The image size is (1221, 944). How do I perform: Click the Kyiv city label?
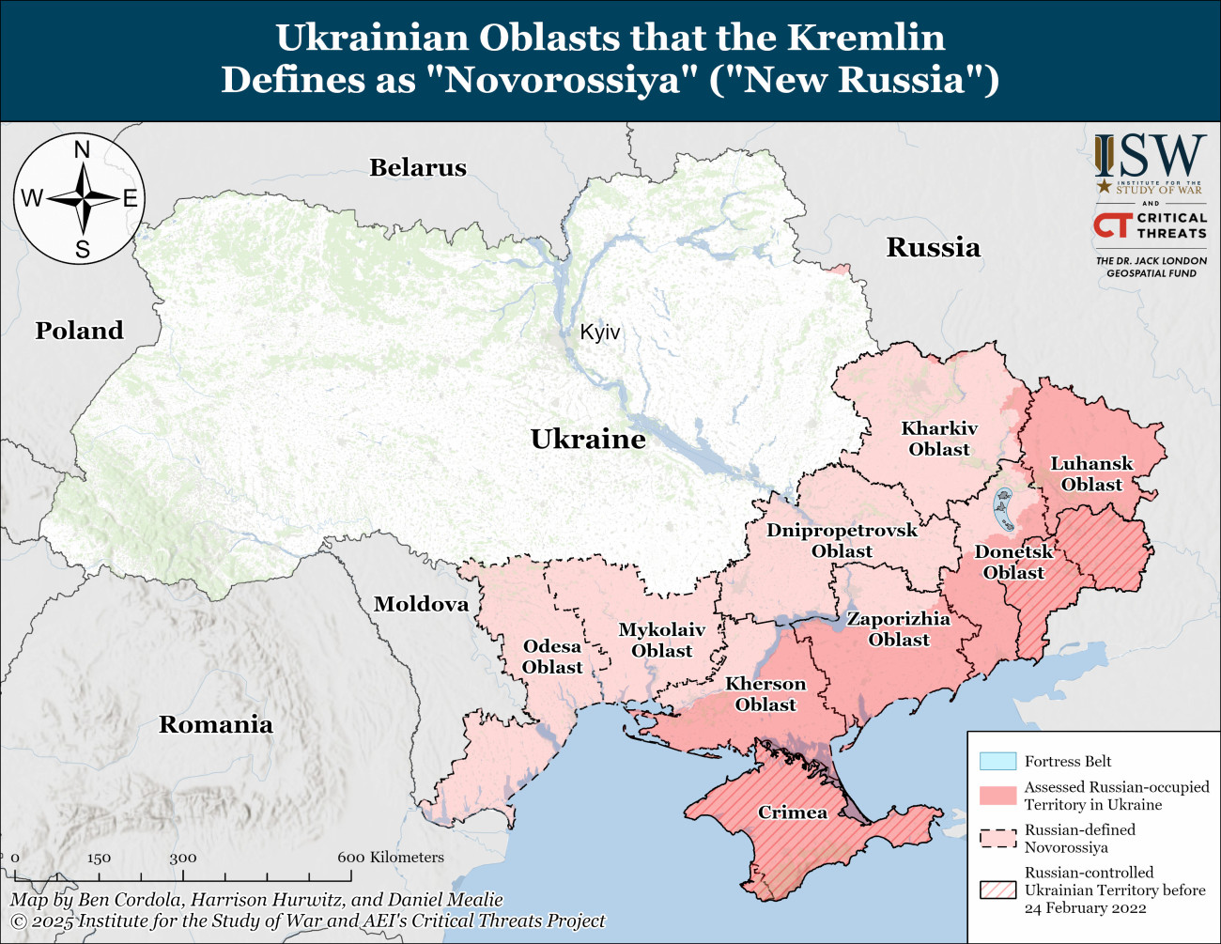[599, 333]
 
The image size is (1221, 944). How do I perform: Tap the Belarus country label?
[418, 168]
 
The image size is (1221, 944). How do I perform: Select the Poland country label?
[80, 331]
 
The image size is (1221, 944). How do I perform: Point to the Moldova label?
[421, 604]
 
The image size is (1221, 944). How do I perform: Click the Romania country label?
[216, 724]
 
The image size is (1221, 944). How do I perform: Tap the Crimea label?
[793, 812]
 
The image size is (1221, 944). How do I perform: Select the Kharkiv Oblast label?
[939, 439]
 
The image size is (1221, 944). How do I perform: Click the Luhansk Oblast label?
[1091, 473]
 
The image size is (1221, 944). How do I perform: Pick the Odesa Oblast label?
[552, 657]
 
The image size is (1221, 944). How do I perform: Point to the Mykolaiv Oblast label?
[661, 640]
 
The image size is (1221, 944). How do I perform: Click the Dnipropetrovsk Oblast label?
[842, 540]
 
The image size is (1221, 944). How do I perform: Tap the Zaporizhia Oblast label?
[899, 629]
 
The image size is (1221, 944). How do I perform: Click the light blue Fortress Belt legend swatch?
[997, 761]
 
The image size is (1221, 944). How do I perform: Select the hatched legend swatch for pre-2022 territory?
[997, 890]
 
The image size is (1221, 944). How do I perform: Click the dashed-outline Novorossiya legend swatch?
[997, 838]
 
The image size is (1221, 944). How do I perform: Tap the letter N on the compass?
[82, 150]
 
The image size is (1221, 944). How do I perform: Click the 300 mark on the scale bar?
[183, 858]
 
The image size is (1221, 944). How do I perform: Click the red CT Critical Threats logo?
[1112, 225]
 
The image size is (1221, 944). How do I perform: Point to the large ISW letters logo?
[1151, 157]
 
